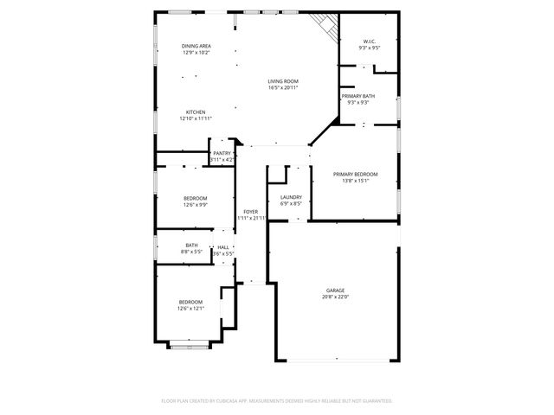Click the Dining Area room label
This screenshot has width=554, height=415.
point(196,45)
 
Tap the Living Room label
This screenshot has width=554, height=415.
point(282,80)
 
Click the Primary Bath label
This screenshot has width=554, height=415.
point(358,95)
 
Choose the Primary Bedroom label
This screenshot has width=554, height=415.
point(356,174)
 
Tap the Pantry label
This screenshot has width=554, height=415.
point(222,153)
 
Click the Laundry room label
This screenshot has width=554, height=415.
point(291,197)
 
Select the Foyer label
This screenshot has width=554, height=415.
point(250,211)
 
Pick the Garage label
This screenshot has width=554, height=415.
point(336,290)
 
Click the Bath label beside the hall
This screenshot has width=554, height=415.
point(191,246)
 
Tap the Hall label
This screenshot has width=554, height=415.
point(223,246)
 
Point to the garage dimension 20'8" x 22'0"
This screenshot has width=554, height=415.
point(336,297)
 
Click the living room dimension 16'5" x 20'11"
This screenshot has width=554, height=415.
point(282,87)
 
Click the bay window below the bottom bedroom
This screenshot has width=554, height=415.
point(190,346)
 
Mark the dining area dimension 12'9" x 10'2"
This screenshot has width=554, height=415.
point(196,53)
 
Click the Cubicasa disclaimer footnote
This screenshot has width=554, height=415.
point(277,401)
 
